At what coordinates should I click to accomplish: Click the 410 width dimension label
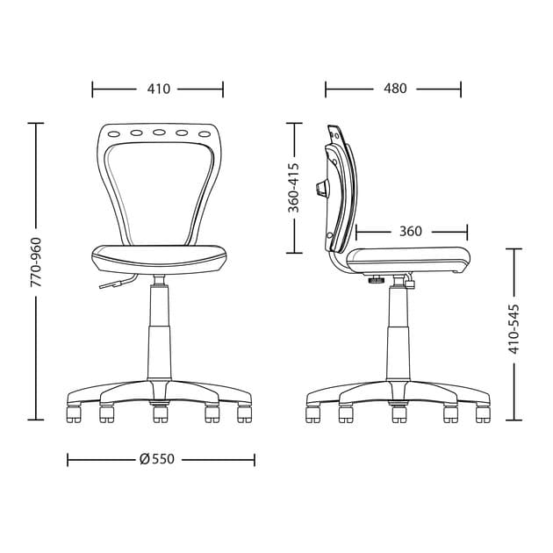tap(159, 89)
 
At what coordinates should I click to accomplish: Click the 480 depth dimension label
tap(395, 89)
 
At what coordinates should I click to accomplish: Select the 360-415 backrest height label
tap(294, 187)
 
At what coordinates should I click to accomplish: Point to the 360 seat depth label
tap(410, 232)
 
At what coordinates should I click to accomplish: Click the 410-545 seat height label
tap(514, 329)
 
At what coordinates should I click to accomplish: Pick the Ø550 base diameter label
tap(157, 459)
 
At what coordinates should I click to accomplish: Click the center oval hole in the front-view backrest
tap(159, 133)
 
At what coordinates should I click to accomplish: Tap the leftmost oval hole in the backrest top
tap(114, 134)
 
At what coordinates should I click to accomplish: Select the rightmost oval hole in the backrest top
tap(205, 134)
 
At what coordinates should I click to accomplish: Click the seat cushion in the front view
tap(159, 257)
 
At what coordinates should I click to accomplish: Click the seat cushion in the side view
tap(408, 257)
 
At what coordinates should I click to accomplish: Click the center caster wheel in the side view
tap(399, 413)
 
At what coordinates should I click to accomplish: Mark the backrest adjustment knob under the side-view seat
tap(377, 281)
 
